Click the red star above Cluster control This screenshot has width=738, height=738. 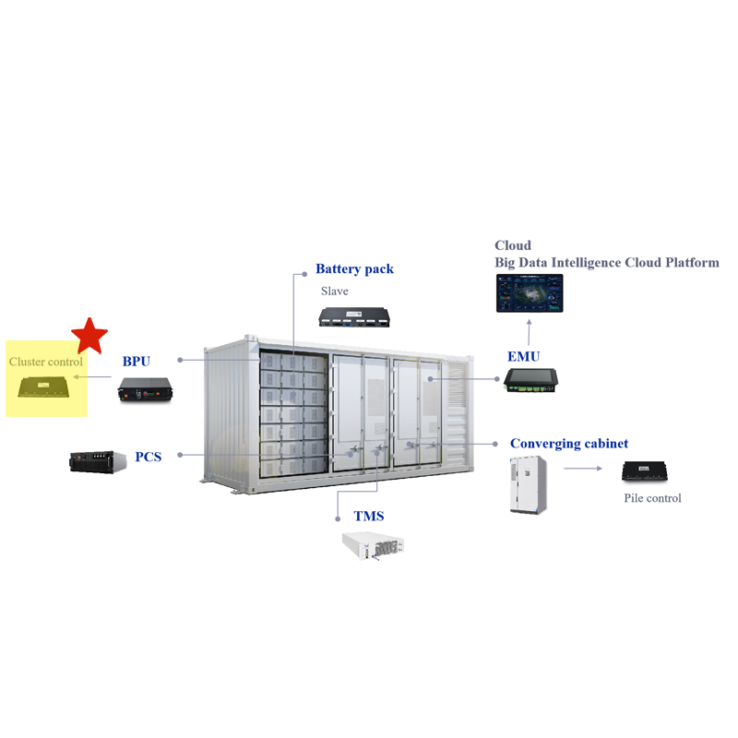pyautogui.click(x=89, y=336)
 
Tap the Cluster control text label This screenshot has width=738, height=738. pyautogui.click(x=45, y=362)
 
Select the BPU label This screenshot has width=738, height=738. pyautogui.click(x=136, y=361)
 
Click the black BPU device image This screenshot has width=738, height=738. pyautogui.click(x=145, y=389)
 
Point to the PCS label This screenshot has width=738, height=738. pyautogui.click(x=149, y=457)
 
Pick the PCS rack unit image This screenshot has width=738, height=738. pyautogui.click(x=98, y=461)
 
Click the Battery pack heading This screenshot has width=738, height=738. pyautogui.click(x=354, y=268)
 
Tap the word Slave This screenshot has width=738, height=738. pyautogui.click(x=335, y=291)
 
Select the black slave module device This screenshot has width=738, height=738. pyautogui.click(x=354, y=316)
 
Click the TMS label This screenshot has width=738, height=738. pyautogui.click(x=368, y=516)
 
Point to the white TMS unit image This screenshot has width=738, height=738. pyautogui.click(x=374, y=545)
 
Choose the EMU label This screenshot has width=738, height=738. pyautogui.click(x=523, y=356)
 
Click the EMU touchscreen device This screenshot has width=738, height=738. pyautogui.click(x=531, y=380)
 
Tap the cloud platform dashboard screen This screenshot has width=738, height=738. pyautogui.click(x=530, y=293)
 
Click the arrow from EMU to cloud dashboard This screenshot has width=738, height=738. pyautogui.click(x=529, y=332)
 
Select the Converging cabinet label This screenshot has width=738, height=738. pyautogui.click(x=569, y=444)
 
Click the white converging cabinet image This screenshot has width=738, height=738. pyautogui.click(x=529, y=484)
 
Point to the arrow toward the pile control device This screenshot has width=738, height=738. pyautogui.click(x=583, y=469)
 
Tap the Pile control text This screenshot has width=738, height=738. pyautogui.click(x=652, y=498)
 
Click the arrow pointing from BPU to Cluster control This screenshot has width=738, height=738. pyautogui.click(x=92, y=376)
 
